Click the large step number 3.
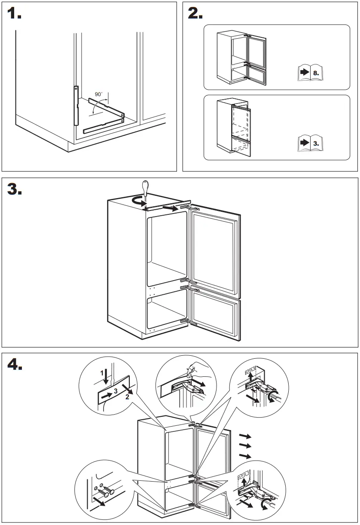pyautogui.click(x=15, y=189)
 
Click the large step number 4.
pyautogui.click(x=15, y=365)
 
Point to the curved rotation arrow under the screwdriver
pyautogui.click(x=138, y=201)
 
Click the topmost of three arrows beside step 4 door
pyautogui.click(x=245, y=436)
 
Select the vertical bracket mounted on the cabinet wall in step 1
pyautogui.click(x=76, y=105)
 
